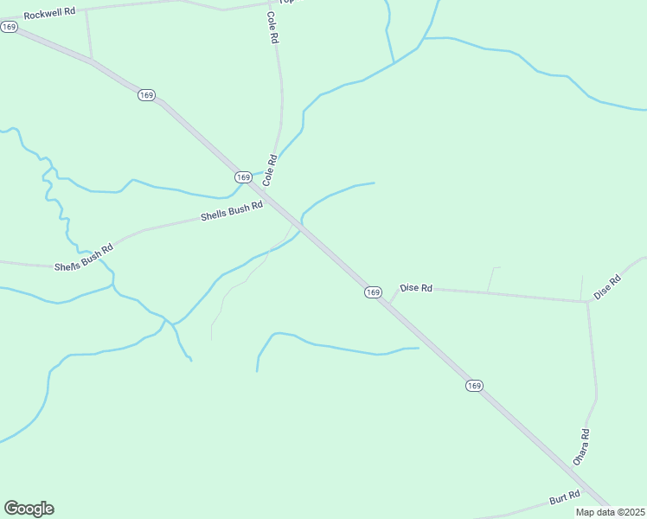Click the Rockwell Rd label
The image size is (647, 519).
pos(49,14)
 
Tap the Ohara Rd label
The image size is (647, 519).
pos(581,447)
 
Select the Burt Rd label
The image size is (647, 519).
pos(565,498)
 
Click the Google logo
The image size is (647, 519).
pos(29,509)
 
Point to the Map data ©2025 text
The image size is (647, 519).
pos(610,512)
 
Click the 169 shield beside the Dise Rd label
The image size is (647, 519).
pos(373,292)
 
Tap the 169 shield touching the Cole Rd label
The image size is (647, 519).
pos(243,176)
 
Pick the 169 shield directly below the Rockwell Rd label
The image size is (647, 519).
pos(10,27)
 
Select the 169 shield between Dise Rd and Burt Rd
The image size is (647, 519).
pos(473,386)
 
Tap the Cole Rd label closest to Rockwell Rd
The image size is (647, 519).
pos(272,29)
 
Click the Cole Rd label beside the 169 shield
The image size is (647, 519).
pos(271,170)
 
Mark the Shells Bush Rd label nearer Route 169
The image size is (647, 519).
pos(231,211)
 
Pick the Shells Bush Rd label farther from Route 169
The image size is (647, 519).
pos(84,257)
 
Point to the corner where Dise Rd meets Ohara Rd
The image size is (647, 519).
pos(588,302)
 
